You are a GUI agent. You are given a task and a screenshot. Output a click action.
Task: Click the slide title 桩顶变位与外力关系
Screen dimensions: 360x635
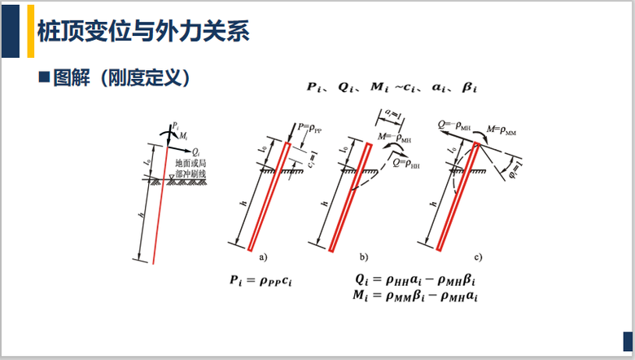(143, 33)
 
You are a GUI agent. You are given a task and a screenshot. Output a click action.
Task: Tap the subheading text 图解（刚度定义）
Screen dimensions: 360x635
(121, 79)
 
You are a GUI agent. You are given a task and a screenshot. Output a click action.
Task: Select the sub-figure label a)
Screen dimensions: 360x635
(263, 257)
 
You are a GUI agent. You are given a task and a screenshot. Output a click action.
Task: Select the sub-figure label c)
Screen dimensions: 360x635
(479, 257)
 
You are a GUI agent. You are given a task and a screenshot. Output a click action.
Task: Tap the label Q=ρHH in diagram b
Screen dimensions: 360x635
(407, 163)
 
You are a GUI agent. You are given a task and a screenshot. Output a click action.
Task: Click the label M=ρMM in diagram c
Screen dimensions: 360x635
(501, 130)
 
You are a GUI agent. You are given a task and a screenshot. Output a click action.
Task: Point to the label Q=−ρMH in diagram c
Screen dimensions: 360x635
(453, 125)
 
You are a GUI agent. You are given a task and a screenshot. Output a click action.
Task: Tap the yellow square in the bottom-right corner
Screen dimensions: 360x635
(627, 340)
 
